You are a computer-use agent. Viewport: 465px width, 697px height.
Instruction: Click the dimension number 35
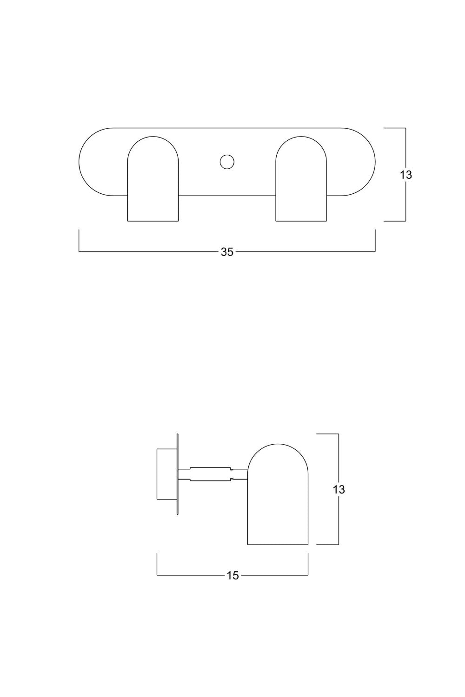click(x=227, y=252)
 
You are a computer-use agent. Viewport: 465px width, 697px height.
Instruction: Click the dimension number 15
click(x=232, y=576)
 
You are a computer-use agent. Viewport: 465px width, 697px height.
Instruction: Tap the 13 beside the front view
click(x=406, y=175)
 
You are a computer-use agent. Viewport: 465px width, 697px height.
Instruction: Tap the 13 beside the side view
click(x=339, y=489)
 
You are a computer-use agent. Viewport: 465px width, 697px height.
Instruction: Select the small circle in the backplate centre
click(x=227, y=162)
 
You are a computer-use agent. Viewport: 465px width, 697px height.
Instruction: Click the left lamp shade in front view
click(x=153, y=178)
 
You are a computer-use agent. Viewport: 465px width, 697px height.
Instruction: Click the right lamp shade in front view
click(x=301, y=178)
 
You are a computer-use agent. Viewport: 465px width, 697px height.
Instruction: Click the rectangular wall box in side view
click(x=166, y=474)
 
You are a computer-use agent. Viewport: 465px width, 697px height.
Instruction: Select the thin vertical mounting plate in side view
click(x=177, y=474)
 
